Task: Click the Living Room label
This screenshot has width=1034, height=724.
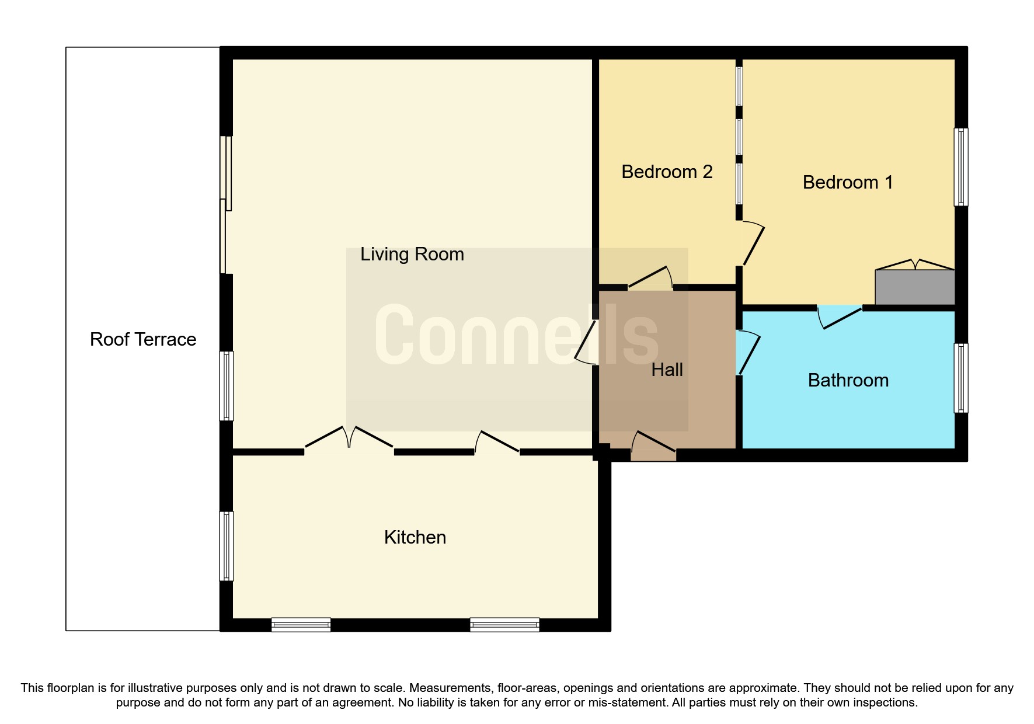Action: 412,254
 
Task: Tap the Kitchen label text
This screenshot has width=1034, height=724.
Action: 415,537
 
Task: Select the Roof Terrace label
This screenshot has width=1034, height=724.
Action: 143,339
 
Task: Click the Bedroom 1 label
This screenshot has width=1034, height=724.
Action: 848,182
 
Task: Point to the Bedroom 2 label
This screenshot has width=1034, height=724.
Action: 667,172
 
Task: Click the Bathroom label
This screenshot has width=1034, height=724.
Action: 848,380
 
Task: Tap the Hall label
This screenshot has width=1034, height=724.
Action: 667,370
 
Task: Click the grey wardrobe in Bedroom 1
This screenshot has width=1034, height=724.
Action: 914,287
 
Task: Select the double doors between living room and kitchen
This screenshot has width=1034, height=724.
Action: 349,439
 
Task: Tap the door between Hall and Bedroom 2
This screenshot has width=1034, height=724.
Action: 650,279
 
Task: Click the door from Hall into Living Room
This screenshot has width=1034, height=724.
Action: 586,342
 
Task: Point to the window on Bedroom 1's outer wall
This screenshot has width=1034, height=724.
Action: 960,167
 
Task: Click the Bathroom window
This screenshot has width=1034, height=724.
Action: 960,378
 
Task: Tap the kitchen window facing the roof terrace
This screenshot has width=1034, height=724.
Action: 227,546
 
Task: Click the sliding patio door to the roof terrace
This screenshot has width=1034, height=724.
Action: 225,204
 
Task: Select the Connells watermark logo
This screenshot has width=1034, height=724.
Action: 516,336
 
